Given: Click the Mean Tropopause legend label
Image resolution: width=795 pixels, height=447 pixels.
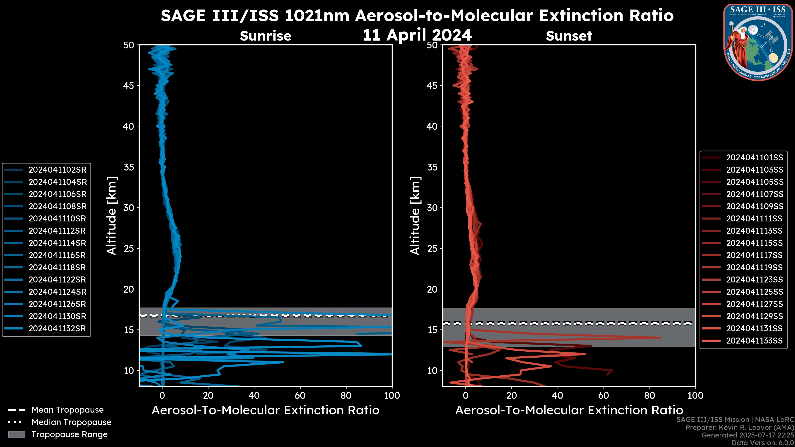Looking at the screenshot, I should pyautogui.click(x=67, y=410).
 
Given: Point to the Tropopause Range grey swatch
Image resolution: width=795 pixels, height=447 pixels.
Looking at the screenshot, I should pyautogui.click(x=17, y=434).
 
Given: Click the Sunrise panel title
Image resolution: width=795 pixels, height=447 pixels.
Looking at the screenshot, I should pyautogui.click(x=265, y=36).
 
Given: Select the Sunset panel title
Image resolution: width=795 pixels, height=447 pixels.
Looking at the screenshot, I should pyautogui.click(x=569, y=36).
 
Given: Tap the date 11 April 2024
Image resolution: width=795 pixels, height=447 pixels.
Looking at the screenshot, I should pyautogui.click(x=417, y=35).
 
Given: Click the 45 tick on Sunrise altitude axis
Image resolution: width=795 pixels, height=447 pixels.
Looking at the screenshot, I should pyautogui.click(x=129, y=86).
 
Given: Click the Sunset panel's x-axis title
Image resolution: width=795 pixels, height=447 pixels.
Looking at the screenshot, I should pyautogui.click(x=569, y=410).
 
